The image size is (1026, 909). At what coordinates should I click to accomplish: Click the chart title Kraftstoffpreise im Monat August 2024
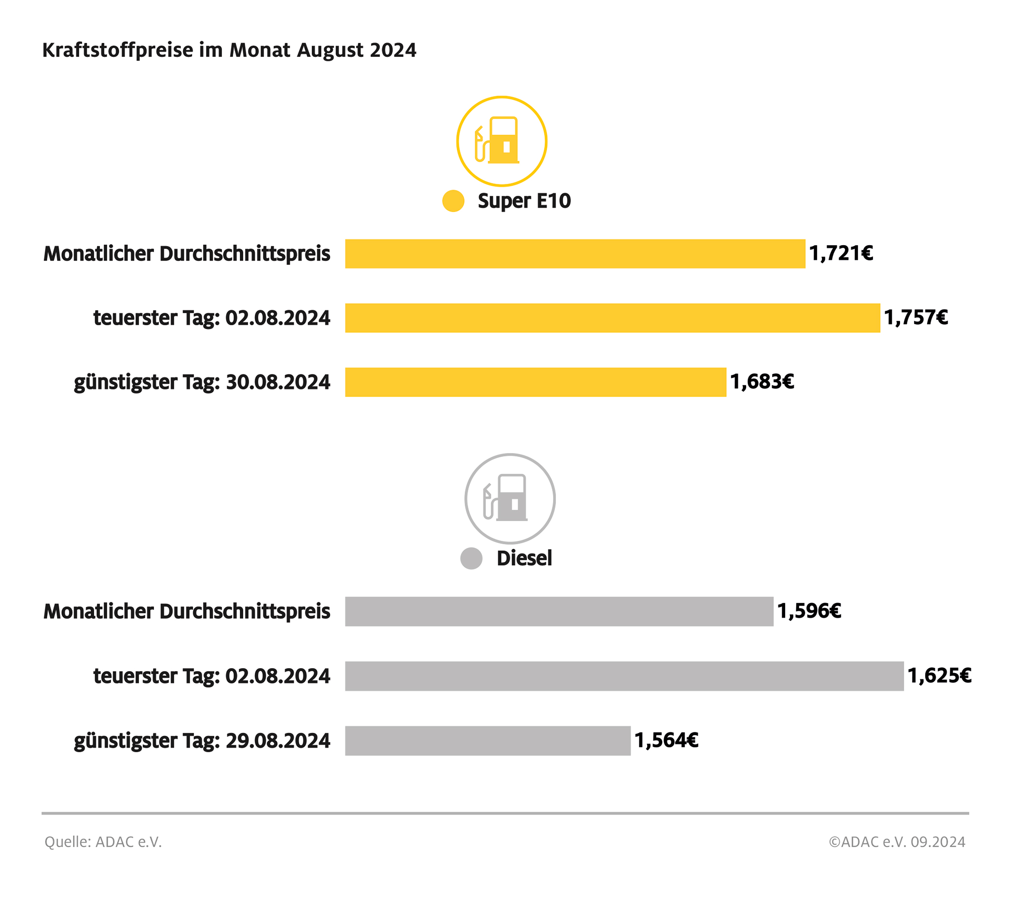point(229,50)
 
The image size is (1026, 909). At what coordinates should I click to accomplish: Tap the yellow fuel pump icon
point(501,141)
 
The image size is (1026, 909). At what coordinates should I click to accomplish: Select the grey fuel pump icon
point(510,498)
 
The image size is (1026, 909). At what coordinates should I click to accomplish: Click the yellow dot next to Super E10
point(453,201)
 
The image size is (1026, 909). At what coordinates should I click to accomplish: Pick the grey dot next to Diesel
point(471,558)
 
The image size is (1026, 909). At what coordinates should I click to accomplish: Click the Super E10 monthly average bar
point(575,253)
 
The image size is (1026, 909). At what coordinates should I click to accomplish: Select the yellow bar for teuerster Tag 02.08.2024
point(612,318)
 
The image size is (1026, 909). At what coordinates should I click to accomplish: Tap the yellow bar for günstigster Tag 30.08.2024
point(535,382)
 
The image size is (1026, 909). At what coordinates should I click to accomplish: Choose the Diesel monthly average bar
point(559,611)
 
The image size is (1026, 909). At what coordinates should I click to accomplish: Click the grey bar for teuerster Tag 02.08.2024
point(624,675)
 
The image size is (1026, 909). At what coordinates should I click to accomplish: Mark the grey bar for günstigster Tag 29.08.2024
point(487,740)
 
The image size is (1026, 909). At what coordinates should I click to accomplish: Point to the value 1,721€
point(841,253)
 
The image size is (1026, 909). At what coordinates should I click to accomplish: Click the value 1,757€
point(915,318)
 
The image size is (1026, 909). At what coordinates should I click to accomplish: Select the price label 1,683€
point(762,382)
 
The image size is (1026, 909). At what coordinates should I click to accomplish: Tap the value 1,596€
point(809,611)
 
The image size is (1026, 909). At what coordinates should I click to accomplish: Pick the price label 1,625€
point(939,675)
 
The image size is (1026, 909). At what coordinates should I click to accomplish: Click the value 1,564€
point(666,740)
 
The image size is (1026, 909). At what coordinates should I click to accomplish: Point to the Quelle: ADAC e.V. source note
point(103,842)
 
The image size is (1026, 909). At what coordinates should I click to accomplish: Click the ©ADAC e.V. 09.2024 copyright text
point(897,842)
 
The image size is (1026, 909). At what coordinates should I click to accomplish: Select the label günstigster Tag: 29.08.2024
point(202,741)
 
